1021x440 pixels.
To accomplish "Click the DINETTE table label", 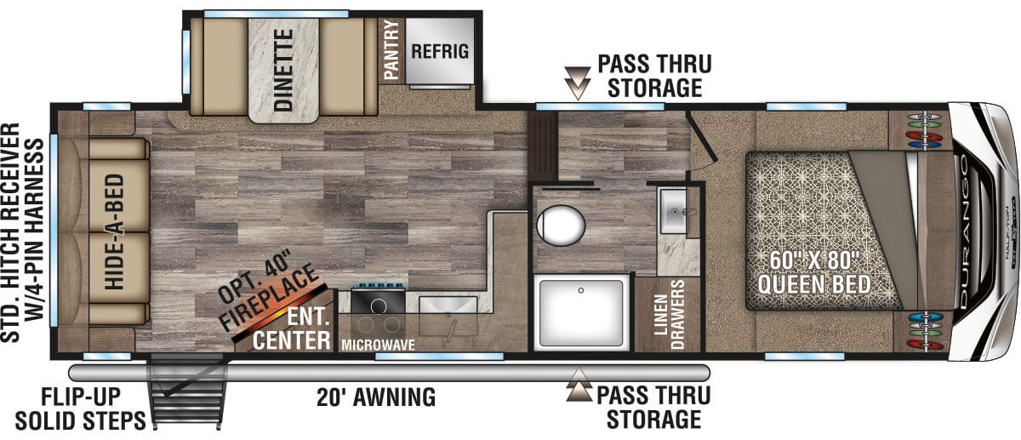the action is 283,71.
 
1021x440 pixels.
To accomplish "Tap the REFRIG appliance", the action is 439,51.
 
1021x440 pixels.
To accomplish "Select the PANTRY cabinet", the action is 391,50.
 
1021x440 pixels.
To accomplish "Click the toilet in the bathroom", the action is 561,225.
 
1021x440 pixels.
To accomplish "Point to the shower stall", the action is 581,313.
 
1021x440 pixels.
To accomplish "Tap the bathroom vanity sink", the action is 674,212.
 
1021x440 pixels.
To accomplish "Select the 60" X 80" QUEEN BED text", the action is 814,272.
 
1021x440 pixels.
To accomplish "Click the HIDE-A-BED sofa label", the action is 114,231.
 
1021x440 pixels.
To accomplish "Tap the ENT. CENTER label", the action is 293,329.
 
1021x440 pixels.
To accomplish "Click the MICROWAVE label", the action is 379,346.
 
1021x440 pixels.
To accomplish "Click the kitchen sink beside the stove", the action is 448,319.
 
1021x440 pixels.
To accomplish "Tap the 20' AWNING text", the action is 376,397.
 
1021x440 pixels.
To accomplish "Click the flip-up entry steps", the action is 188,392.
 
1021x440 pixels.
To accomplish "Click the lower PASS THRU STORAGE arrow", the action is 579,385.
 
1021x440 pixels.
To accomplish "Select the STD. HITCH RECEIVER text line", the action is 10,232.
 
